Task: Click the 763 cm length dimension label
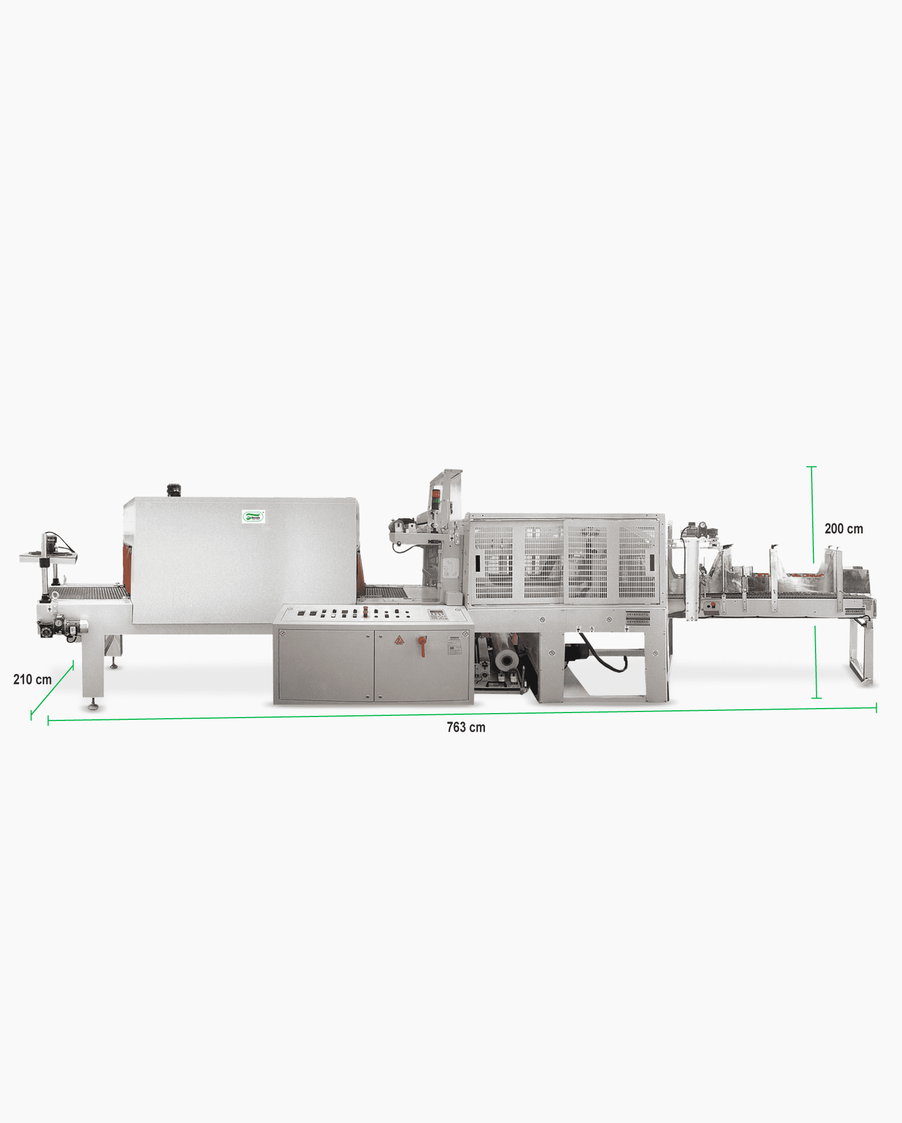[465, 727]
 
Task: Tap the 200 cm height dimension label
[843, 528]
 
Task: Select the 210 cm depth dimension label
[33, 679]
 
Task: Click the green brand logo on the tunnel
[253, 517]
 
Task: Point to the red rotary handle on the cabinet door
[422, 645]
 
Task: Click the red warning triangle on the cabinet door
[399, 640]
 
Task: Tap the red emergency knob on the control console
[365, 611]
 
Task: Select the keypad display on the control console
[438, 614]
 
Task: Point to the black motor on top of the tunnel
[174, 490]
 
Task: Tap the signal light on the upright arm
[436, 496]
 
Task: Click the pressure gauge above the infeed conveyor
[702, 526]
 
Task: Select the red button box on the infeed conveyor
[711, 606]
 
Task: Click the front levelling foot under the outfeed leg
[93, 705]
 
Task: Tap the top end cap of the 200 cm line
[811, 467]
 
